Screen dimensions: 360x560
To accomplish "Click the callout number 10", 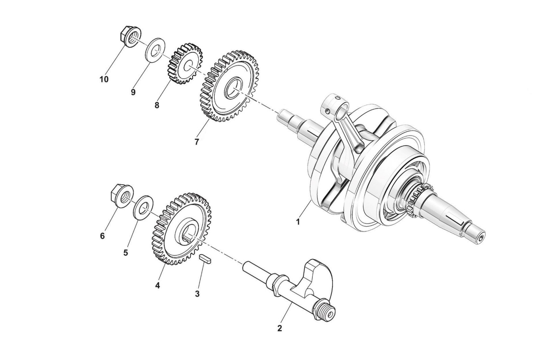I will pyautogui.click(x=104, y=79).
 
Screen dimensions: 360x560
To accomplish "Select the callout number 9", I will pyautogui.click(x=133, y=92).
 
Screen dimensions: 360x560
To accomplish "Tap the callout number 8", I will pyautogui.click(x=157, y=105).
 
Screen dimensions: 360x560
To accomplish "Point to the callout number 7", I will pyautogui.click(x=197, y=142).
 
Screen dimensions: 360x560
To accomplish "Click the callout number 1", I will pyautogui.click(x=298, y=222).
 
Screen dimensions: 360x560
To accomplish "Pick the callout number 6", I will pyautogui.click(x=102, y=236).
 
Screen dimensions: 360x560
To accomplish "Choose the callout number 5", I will pyautogui.click(x=126, y=253).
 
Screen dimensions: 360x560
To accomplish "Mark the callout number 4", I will pyautogui.click(x=157, y=285).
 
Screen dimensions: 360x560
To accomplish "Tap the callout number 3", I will pyautogui.click(x=197, y=293).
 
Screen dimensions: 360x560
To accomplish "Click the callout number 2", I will pyautogui.click(x=279, y=328).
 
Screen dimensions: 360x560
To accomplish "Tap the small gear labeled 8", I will pyautogui.click(x=185, y=64).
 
